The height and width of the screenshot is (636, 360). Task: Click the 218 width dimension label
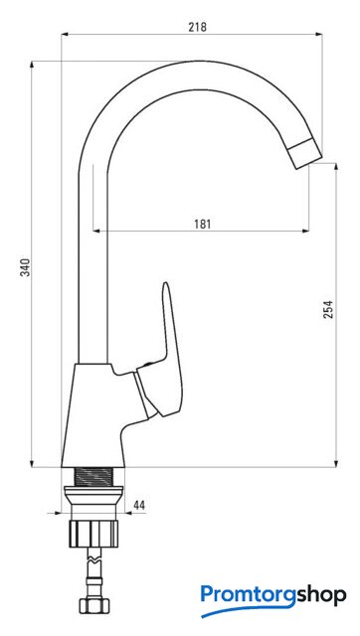click(197, 27)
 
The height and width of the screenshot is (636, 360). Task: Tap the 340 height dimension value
click(26, 266)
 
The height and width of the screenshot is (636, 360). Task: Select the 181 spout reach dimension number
click(202, 224)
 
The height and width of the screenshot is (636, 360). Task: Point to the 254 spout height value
click(328, 309)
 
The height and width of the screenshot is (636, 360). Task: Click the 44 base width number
click(139, 505)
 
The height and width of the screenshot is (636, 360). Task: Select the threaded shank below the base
click(92, 476)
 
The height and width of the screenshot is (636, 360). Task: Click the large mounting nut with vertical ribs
click(93, 534)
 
